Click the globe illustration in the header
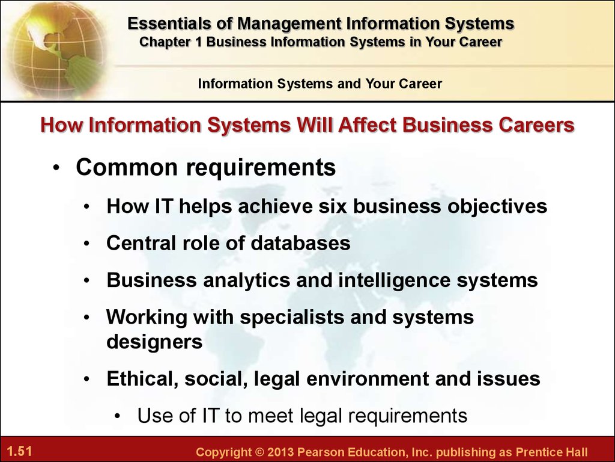(55, 49)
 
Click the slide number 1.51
(19, 451)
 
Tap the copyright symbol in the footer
(259, 452)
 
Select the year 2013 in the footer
(280, 452)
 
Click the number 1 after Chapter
(198, 42)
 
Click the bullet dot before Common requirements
(57, 168)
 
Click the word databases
(300, 243)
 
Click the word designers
(154, 342)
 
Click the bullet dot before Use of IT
(118, 416)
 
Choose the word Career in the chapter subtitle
(480, 42)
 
